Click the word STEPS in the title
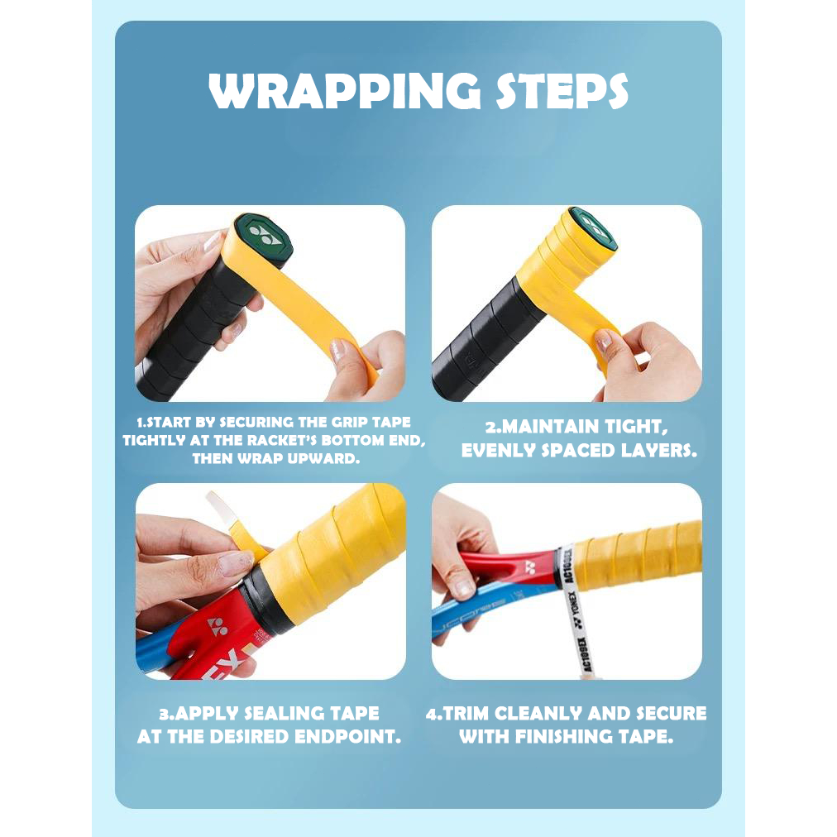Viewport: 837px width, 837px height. [x=562, y=91]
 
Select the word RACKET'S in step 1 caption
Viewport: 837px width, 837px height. [x=286, y=440]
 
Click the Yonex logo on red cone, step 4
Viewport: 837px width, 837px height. [x=531, y=567]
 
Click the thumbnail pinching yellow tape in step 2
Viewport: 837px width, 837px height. [x=604, y=340]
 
